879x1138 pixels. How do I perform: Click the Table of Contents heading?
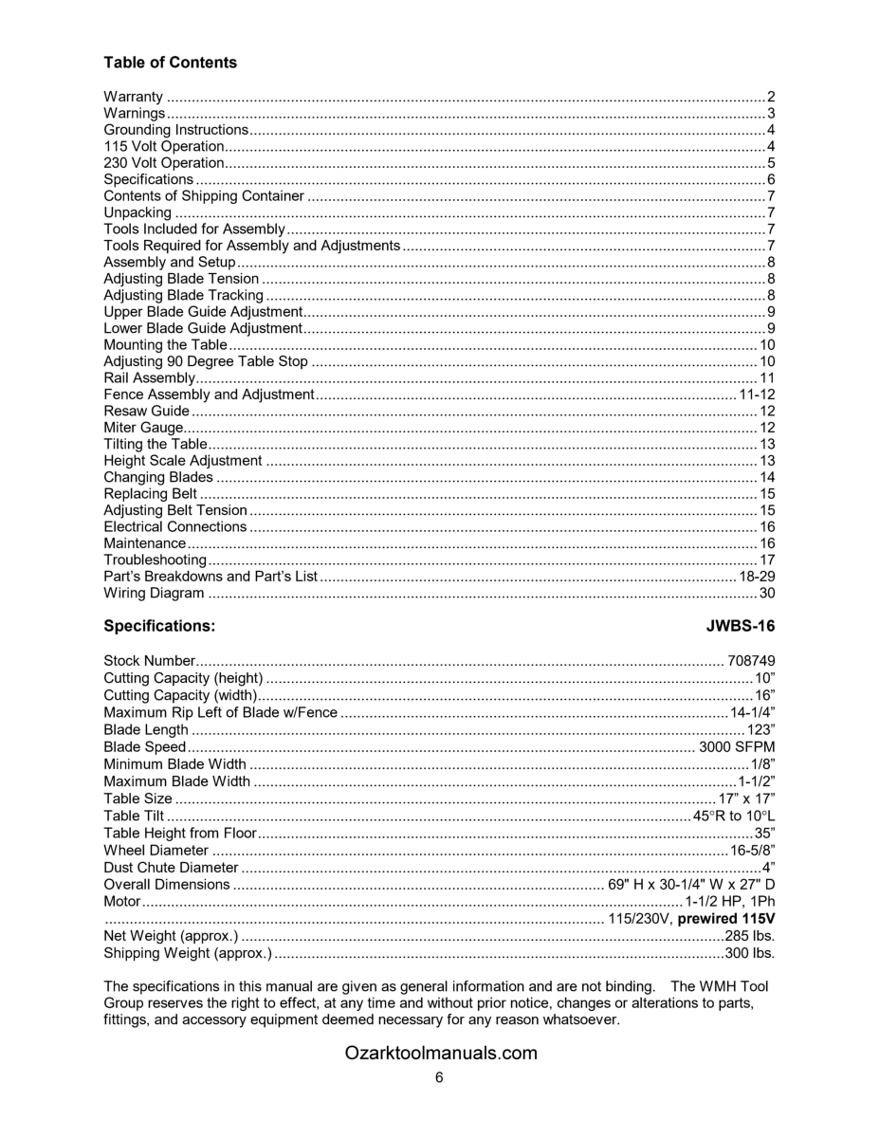coord(170,63)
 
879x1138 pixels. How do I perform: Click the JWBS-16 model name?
coord(741,627)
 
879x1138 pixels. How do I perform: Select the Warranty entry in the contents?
coord(133,97)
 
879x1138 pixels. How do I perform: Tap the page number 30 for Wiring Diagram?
coord(767,594)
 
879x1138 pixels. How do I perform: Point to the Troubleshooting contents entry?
coord(155,560)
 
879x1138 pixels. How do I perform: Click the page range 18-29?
coord(757,577)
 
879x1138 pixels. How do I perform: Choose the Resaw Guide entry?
coord(146,412)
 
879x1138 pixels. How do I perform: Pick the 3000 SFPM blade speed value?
coord(737,747)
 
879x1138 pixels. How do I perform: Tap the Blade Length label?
coord(146,730)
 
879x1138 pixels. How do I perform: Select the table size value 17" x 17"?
coord(747,799)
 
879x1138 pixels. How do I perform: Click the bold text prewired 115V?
coord(726,920)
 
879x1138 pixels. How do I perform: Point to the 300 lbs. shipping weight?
coord(749,953)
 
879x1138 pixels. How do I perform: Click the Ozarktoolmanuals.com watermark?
coord(441,1053)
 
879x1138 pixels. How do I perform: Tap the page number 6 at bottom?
coord(439,1077)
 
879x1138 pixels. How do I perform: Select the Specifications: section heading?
coord(159,627)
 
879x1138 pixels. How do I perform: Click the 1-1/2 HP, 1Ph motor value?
coord(729,902)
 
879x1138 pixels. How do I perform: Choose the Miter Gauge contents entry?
coord(142,429)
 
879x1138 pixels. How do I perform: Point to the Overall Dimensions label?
coord(167,885)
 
